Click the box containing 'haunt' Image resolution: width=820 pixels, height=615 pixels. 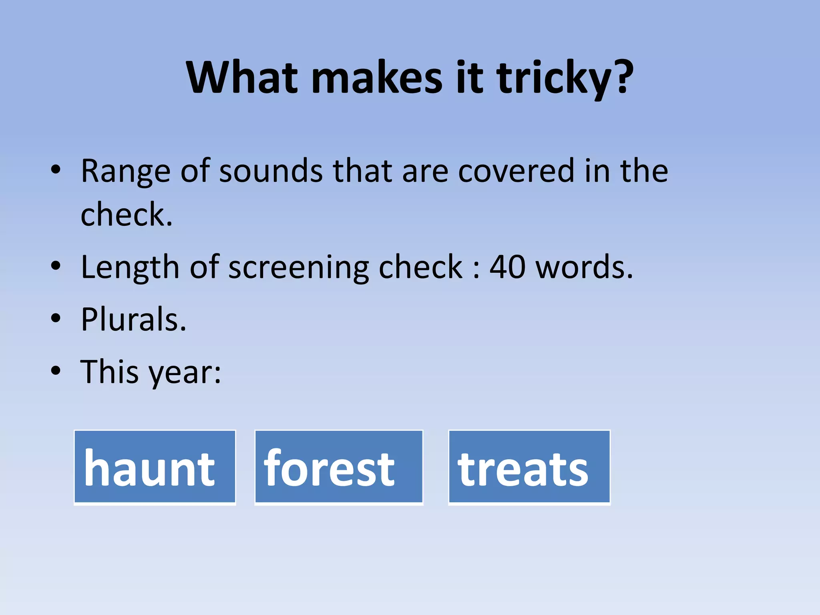[x=155, y=467]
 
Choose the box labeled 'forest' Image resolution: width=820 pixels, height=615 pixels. [x=339, y=467]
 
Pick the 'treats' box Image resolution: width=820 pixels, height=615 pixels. [x=529, y=467]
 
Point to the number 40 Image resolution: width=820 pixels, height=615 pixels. [x=507, y=267]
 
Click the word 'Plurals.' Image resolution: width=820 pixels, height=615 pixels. [x=134, y=320]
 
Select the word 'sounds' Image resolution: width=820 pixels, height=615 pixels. [x=271, y=171]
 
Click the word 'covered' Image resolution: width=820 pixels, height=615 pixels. [x=516, y=171]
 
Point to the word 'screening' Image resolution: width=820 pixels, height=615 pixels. [x=299, y=268]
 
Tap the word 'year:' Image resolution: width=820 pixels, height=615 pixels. [x=185, y=372]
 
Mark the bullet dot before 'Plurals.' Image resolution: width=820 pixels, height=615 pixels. [x=56, y=319]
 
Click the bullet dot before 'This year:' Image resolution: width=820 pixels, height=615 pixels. [x=56, y=371]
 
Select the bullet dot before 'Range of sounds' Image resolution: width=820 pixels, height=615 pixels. [x=56, y=170]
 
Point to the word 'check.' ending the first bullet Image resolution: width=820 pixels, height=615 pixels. [x=127, y=215]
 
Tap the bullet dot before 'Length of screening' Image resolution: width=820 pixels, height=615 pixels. [x=56, y=266]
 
